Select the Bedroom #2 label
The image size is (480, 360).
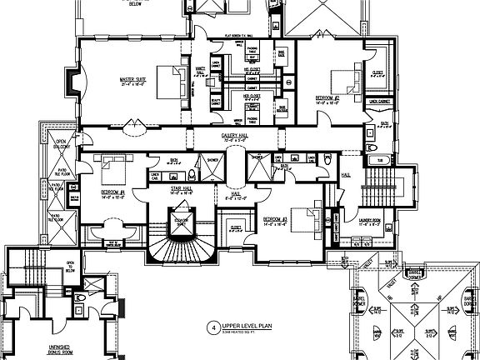pyautogui.click(x=327, y=97)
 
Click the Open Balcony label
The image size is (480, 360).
pyautogui.click(x=61, y=147)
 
